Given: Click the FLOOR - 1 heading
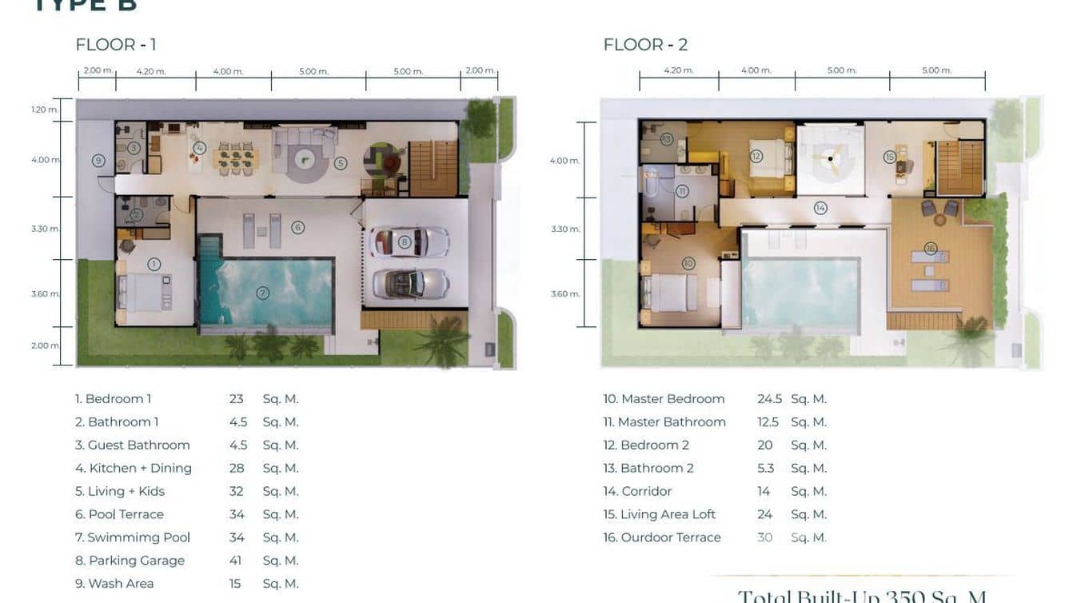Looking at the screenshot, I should click(x=115, y=45).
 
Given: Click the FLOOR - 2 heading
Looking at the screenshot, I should click(x=644, y=45).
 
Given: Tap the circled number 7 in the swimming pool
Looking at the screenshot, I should click(x=262, y=294).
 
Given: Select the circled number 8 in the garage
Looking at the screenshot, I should click(x=405, y=241).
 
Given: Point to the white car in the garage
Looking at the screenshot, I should click(x=409, y=242).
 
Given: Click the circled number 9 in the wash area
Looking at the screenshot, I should click(x=98, y=161).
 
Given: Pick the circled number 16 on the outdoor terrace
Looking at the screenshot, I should click(x=930, y=248).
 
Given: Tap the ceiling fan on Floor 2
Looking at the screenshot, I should click(x=831, y=159).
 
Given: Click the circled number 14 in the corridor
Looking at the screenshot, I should click(x=820, y=208).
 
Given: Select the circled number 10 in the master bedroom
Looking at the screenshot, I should click(x=688, y=263).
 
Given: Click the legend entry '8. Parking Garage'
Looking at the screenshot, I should click(x=130, y=561).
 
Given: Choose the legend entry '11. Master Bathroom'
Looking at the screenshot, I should click(x=664, y=422).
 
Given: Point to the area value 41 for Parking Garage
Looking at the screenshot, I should click(x=235, y=561).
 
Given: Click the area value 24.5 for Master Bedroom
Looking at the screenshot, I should click(x=769, y=399).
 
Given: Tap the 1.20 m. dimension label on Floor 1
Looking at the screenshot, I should click(x=45, y=110).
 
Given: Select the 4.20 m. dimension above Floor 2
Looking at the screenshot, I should click(x=678, y=70).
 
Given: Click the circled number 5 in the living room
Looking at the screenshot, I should click(x=340, y=163).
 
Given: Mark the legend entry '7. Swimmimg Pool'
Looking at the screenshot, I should click(x=132, y=537).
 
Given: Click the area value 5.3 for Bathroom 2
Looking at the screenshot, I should click(x=765, y=469).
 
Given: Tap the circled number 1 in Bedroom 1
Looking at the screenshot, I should click(x=154, y=264).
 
